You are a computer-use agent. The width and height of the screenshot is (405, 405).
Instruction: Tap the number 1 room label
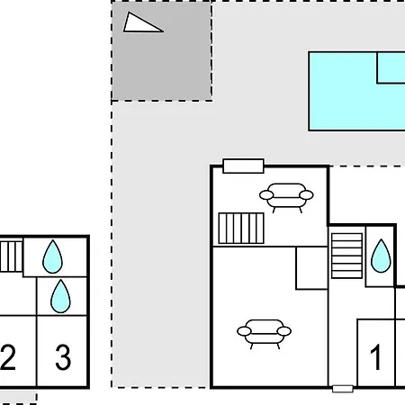[375, 357]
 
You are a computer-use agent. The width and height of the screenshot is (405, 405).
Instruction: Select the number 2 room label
[8, 357]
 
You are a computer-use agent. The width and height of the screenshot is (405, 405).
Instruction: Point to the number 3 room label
[63, 357]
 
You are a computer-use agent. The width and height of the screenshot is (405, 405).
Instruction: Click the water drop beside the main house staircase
[381, 256]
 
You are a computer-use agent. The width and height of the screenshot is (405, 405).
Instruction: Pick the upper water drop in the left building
[52, 257]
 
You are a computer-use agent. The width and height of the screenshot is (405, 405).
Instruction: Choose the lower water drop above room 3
[60, 297]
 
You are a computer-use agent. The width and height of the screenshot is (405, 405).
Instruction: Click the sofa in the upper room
[286, 196]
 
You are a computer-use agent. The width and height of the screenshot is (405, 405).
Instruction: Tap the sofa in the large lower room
[264, 333]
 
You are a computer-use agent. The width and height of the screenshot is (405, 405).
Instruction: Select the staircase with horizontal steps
[346, 256]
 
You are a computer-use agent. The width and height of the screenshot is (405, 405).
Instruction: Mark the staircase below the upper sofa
[241, 228]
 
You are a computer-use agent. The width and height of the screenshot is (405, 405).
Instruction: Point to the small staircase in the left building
[11, 256]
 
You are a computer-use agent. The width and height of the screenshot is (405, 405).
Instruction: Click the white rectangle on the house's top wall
[243, 166]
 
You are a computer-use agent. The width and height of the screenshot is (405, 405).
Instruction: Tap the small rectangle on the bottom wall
[343, 389]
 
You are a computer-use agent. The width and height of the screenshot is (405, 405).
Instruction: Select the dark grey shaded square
[162, 51]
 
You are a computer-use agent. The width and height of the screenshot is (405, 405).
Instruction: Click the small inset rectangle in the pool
[391, 67]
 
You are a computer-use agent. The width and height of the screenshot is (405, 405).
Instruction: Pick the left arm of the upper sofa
[266, 195]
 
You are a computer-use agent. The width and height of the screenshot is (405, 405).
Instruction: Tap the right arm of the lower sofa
[284, 331]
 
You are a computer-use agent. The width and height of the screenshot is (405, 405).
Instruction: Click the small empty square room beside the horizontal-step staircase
[311, 268]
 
